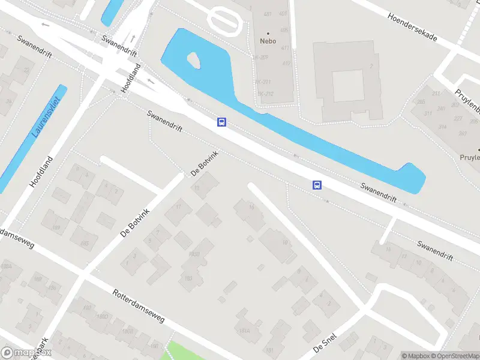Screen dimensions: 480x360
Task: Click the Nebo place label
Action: pyautogui.click(x=268, y=41)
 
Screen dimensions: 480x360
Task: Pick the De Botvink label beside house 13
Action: pyautogui.click(x=205, y=164)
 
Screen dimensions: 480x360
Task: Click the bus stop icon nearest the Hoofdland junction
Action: pyautogui.click(x=222, y=122)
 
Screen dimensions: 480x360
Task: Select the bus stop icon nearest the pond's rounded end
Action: pyautogui.click(x=317, y=185)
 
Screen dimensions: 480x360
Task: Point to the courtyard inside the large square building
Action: pyautogui.click(x=348, y=85)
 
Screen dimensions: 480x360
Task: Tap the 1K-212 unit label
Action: pyautogui.click(x=266, y=94)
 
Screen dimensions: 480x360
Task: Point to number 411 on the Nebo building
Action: pyautogui.click(x=285, y=48)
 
